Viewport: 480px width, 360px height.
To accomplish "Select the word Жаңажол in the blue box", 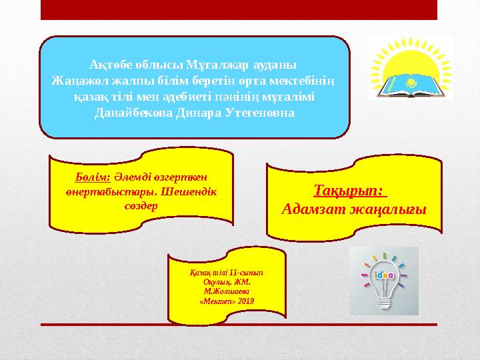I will tap(79, 81).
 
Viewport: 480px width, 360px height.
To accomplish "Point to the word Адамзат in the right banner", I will tap(311, 209).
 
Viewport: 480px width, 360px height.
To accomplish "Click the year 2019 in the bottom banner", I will tap(245, 301).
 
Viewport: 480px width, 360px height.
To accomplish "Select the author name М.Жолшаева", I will tap(227, 292).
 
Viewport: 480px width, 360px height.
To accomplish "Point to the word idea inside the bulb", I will tap(383, 274).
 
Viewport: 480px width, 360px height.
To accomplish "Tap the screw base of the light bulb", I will tap(383, 302).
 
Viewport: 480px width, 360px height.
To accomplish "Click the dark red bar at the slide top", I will tap(239, 9).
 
